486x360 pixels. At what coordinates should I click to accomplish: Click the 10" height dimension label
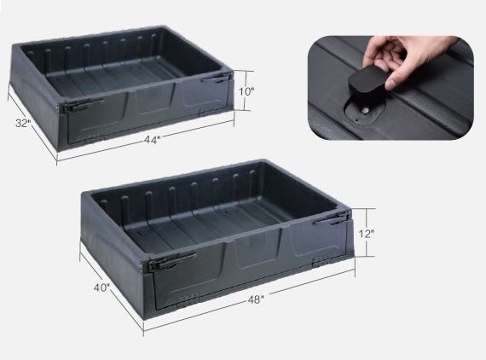(246, 91)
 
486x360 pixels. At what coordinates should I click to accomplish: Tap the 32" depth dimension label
(23, 123)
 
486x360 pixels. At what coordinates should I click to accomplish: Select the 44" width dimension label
(152, 140)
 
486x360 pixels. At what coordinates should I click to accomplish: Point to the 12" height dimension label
(367, 234)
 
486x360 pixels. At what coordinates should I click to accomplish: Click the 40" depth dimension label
(101, 287)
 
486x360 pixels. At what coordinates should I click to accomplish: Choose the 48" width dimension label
(256, 299)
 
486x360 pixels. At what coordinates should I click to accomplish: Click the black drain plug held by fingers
(367, 79)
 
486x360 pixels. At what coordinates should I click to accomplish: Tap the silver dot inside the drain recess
(366, 110)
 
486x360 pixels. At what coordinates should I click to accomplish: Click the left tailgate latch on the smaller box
(81, 106)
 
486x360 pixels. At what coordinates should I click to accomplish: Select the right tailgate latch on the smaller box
(217, 78)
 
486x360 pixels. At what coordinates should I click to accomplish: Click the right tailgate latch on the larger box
(333, 218)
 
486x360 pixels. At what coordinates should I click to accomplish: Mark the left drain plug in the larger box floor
(143, 232)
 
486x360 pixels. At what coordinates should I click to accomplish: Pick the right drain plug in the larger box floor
(231, 212)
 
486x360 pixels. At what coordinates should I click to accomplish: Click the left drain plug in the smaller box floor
(62, 79)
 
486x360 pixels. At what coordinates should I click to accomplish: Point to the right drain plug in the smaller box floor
(134, 67)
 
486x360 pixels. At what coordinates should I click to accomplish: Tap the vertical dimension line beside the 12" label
(367, 233)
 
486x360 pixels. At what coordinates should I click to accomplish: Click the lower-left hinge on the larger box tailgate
(187, 298)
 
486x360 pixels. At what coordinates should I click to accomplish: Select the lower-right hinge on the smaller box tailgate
(206, 111)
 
